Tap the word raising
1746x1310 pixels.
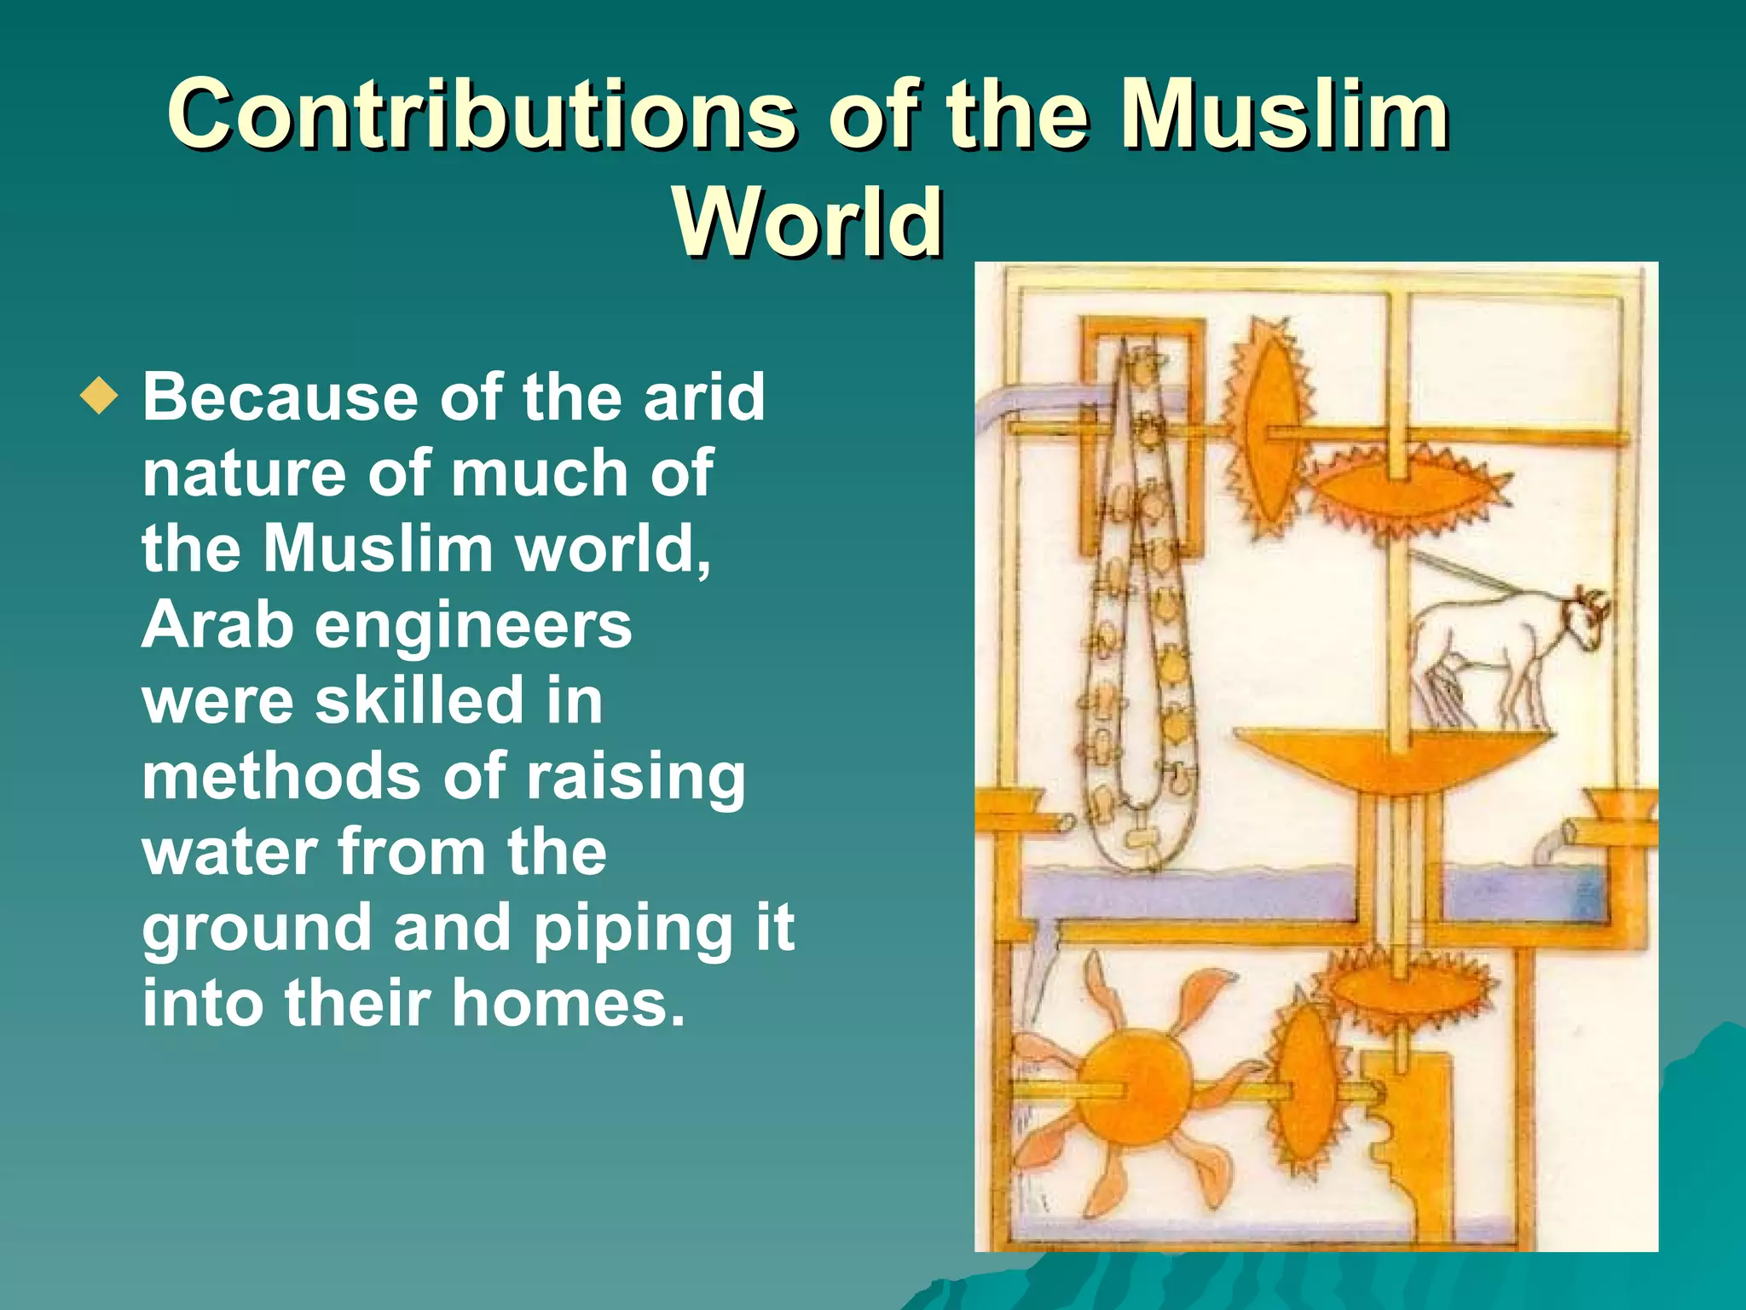(x=635, y=778)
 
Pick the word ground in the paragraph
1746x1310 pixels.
(x=257, y=929)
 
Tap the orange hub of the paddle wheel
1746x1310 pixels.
(x=1132, y=1089)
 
